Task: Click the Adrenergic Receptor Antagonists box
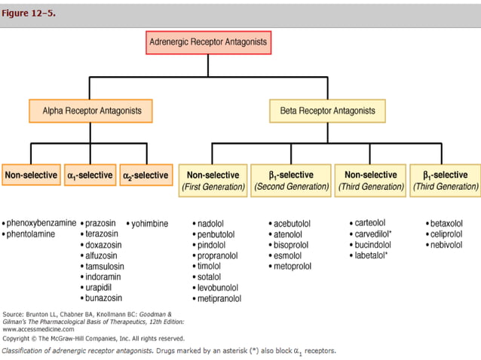pos(208,42)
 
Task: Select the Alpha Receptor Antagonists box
pos(90,111)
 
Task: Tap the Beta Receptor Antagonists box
pos(327,111)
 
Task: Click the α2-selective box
pos(146,175)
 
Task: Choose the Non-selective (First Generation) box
pos(213,181)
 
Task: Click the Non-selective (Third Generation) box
pos(370,181)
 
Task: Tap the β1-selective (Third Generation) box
pos(445,181)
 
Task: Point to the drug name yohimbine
pos(149,224)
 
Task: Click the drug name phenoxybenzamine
pos(41,224)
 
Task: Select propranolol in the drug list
pos(219,256)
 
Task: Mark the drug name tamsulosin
pos(105,267)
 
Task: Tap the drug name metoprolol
pos(293,267)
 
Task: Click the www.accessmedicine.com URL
pos(38,329)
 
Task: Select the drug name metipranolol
pos(220,299)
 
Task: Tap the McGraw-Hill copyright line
pos(93,339)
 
